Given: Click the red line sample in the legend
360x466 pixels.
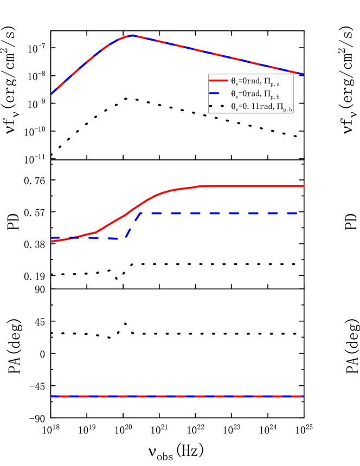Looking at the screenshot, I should click(218, 81).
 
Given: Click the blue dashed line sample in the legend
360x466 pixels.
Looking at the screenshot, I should click(218, 94).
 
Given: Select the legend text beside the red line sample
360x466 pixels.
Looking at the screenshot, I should click(255, 81).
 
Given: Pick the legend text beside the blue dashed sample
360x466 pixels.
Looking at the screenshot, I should click(255, 94).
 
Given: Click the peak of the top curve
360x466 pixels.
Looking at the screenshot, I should click(132, 35).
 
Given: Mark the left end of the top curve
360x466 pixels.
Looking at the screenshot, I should click(52, 94).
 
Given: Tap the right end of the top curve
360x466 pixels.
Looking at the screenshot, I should click(304, 74).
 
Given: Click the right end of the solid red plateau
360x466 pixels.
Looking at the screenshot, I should click(304, 186).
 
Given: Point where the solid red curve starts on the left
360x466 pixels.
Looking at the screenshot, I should click(52, 241).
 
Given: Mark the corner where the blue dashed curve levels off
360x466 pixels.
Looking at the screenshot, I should click(142, 213).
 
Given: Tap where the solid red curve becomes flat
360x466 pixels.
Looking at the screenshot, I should click(201, 186).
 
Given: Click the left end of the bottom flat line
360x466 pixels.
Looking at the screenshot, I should click(52, 396).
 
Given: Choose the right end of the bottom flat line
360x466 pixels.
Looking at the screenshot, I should click(304, 396).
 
